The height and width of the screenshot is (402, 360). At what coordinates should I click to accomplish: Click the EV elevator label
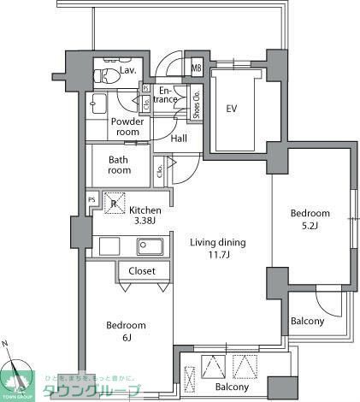coord(232,109)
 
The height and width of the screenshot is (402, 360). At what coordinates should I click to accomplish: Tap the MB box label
coord(196,68)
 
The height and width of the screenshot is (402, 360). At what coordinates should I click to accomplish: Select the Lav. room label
coord(130,70)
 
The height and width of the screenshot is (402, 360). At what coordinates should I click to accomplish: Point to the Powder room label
coord(127,127)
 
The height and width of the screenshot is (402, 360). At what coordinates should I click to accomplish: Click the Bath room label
coord(120,164)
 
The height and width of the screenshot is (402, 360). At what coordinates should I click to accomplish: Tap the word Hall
coord(180,139)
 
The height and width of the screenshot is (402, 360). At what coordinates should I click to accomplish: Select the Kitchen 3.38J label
coord(145,216)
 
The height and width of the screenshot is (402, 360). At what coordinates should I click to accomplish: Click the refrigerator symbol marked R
coord(114,204)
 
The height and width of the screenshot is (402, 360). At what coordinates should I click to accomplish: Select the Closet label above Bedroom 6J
coord(142,271)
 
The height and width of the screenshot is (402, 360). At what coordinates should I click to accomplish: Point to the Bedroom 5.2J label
coord(310,219)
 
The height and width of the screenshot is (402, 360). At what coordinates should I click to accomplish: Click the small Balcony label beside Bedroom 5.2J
coord(307,322)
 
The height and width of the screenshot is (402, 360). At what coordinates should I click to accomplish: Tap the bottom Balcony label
coord(232,387)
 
